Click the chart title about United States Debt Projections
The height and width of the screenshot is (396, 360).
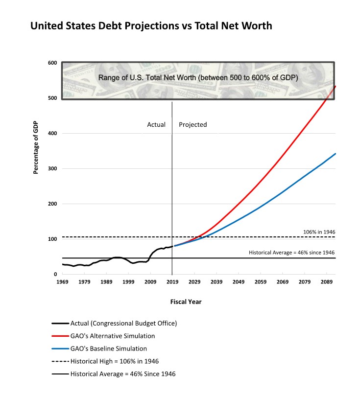151,26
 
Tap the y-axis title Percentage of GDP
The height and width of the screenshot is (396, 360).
36,147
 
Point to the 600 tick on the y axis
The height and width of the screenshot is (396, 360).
52,63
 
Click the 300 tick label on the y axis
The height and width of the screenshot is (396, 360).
52,169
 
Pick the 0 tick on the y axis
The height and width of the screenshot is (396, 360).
55,275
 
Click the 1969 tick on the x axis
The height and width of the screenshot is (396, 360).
62,282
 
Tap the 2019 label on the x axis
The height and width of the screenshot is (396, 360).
172,282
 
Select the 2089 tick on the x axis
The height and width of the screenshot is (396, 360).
326,282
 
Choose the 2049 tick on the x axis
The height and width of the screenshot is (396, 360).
238,282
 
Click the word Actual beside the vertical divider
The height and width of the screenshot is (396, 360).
156,125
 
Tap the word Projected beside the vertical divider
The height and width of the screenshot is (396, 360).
192,125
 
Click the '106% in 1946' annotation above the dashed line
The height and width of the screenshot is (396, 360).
319,232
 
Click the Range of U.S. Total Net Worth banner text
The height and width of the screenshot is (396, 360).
198,78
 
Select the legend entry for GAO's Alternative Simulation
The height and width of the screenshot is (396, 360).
112,336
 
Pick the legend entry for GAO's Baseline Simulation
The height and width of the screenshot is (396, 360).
108,349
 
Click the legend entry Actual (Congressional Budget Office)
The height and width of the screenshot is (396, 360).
123,323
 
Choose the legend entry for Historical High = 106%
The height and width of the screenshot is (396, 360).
114,361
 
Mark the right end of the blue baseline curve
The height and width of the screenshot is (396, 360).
335,154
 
